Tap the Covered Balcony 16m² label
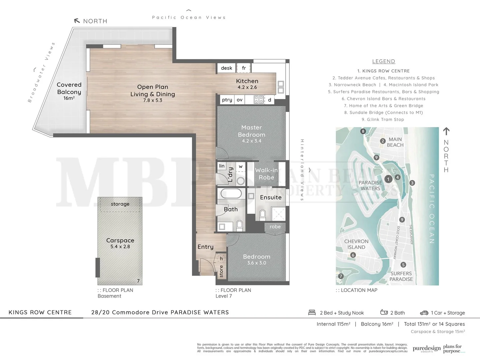pos(69,91)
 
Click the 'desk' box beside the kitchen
pos(226,68)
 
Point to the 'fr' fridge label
pos(244,68)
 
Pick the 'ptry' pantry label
pos(227,100)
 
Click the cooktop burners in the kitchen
pos(259,99)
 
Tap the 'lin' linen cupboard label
pos(222,166)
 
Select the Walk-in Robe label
pos(266,174)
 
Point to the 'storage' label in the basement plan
pos(120,204)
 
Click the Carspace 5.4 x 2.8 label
pos(120,243)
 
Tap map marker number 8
pos(363,131)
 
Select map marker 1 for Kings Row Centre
pos(388,179)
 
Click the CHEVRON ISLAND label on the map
pos(356,244)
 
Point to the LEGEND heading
pos(383,61)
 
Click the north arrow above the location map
pos(446,131)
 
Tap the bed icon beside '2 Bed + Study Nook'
pos(312,312)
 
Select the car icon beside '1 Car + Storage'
pos(424,313)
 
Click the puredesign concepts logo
pos(426,349)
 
